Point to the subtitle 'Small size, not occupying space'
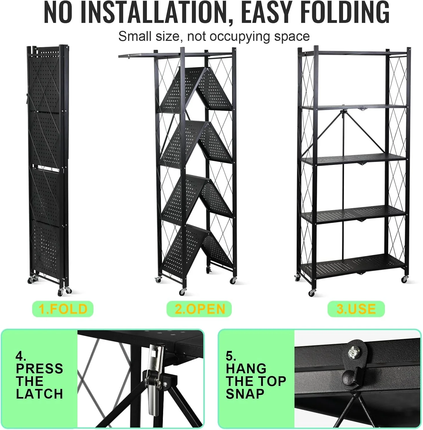(214, 37)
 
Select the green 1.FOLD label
(63, 309)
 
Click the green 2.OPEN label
(199, 309)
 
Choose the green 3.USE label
(356, 309)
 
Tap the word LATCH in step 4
(39, 394)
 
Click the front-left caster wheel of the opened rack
(312, 293)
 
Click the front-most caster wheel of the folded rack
(61, 292)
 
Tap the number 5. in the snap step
(231, 356)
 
